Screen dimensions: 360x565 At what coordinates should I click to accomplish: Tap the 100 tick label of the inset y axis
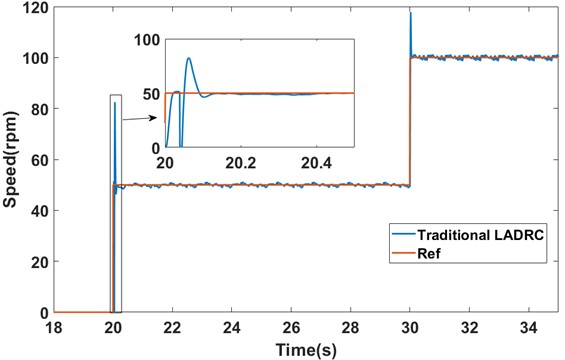click(x=149, y=39)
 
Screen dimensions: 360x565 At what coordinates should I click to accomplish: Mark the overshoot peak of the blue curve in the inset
click(x=189, y=58)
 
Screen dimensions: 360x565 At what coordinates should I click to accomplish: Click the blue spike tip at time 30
click(x=410, y=12)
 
